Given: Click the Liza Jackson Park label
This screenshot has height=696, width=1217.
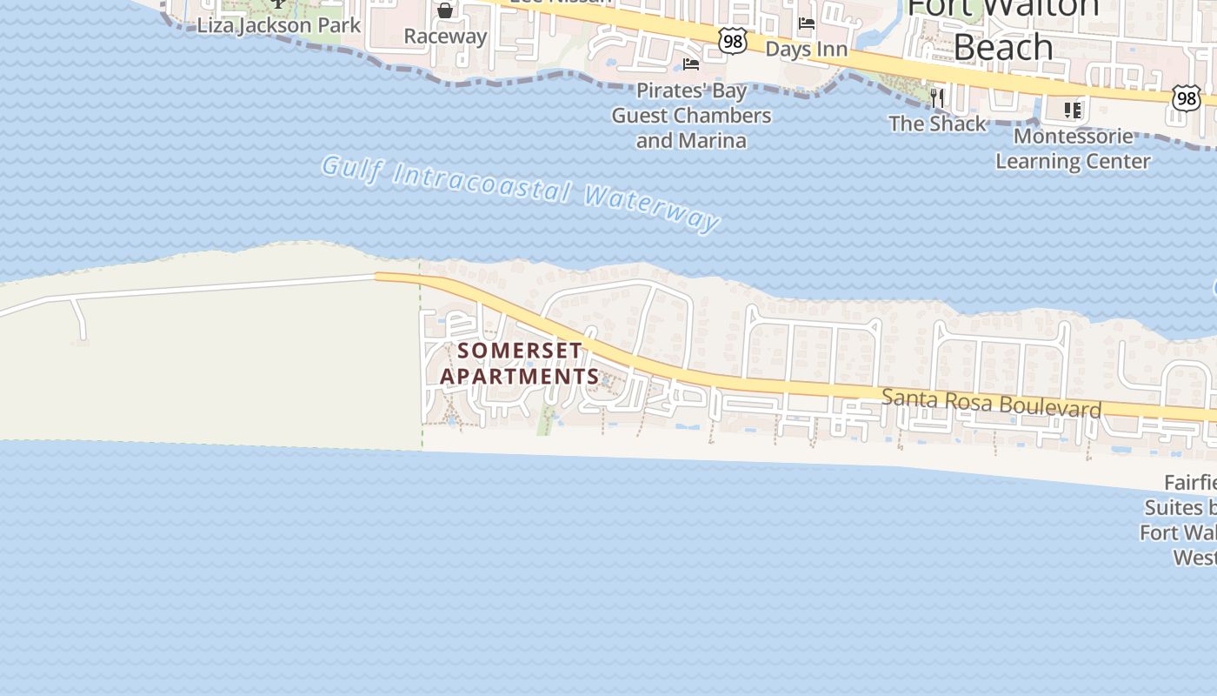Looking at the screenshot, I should [x=278, y=25].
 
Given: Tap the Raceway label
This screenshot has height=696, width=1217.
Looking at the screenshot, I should [x=445, y=37].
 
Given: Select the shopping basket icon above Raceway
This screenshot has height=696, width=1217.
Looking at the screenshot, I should [x=445, y=10].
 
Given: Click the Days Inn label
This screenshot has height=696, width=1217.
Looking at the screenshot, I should [x=806, y=49].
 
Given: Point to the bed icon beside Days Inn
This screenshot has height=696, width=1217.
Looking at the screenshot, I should [x=807, y=23].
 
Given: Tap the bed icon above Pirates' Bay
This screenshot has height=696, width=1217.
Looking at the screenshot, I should [x=691, y=64].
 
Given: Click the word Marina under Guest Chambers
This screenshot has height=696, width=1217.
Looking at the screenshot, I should [x=715, y=140].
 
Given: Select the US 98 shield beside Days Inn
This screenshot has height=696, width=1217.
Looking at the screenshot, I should [x=733, y=40].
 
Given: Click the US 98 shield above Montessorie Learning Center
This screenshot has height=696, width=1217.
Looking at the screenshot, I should [x=1186, y=98].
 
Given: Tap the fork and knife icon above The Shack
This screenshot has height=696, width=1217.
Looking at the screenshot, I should [x=937, y=97].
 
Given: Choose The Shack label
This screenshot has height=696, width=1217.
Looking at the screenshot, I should [x=937, y=124].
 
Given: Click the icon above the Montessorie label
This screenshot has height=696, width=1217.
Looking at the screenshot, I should [x=1073, y=110].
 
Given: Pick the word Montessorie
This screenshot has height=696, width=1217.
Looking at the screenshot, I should [x=1073, y=137].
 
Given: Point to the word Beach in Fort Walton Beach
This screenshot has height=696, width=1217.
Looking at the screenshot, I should [x=1003, y=46].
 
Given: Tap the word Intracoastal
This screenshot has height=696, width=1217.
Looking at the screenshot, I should [x=482, y=183].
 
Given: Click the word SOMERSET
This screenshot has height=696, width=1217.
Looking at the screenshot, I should [x=520, y=351].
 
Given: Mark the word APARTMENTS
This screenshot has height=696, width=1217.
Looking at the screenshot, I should [x=520, y=377].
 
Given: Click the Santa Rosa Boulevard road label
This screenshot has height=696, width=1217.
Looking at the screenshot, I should [x=992, y=403].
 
